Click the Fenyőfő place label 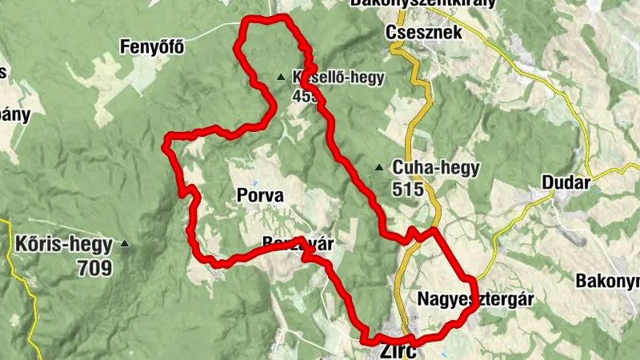point(152,46)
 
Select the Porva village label point(260,194)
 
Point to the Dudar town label point(566,182)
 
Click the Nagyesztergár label point(476,299)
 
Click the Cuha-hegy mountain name point(436,168)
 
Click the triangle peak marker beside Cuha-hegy point(379,168)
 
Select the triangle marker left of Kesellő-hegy point(280,78)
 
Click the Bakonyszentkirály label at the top point(422,3)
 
